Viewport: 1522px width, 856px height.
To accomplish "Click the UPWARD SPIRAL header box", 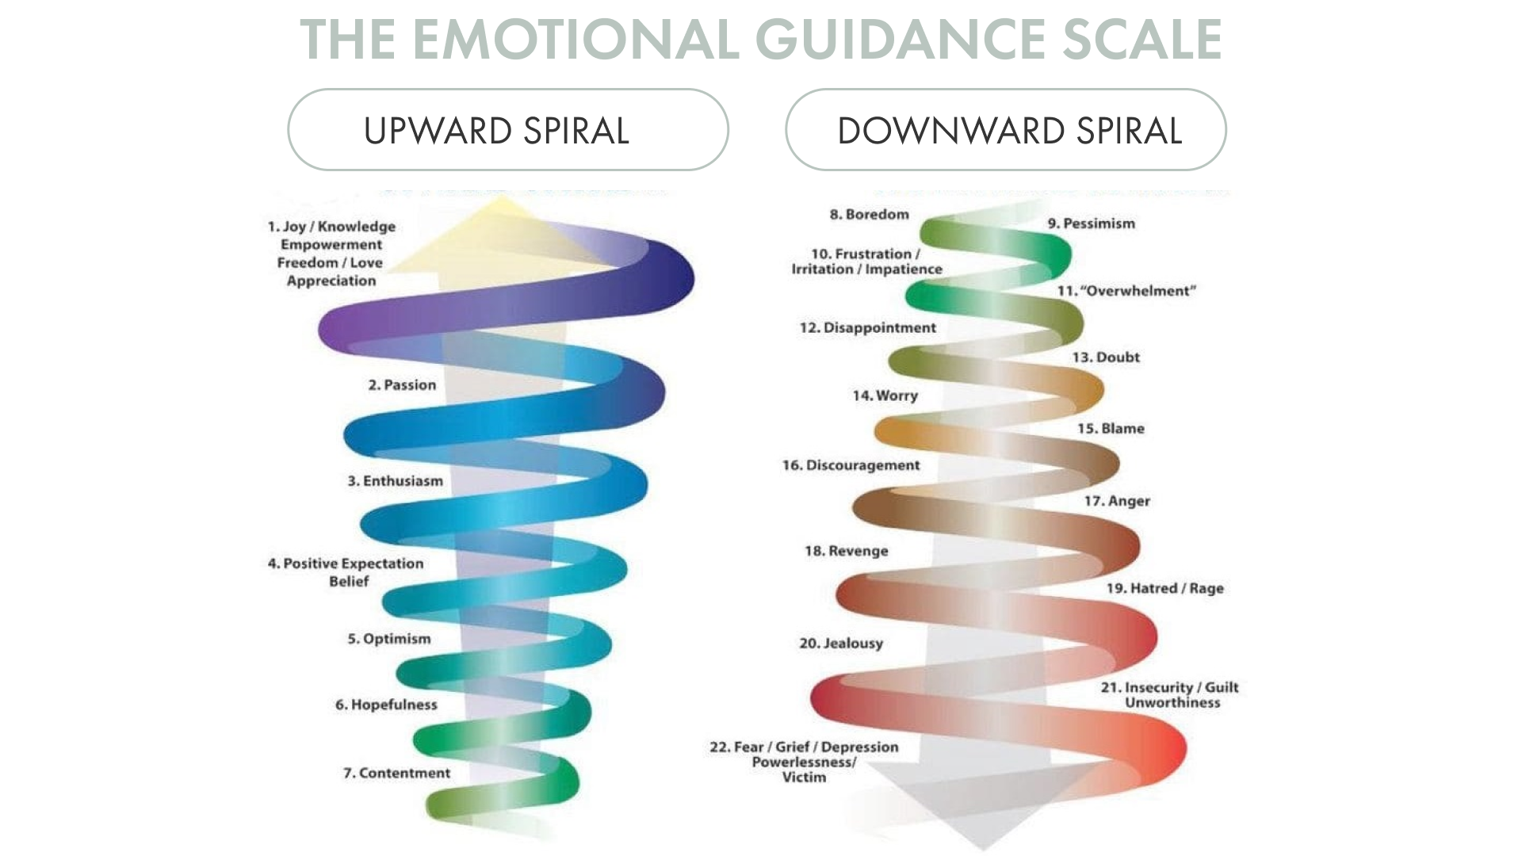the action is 508,129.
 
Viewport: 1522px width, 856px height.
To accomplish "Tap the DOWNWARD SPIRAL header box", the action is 1006,129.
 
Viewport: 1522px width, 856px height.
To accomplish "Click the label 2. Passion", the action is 402,384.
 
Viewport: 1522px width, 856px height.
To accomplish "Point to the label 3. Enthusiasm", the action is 395,480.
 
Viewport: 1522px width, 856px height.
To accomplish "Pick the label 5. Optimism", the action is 389,639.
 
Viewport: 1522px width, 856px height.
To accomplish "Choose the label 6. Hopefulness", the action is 386,705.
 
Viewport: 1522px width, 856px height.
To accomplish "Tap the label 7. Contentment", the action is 396,773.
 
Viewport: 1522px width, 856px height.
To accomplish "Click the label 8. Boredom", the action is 869,214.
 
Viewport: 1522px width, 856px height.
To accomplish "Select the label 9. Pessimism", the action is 1091,224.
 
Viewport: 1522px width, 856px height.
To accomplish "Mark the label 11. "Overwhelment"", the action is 1126,291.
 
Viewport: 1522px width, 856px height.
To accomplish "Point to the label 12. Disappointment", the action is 867,327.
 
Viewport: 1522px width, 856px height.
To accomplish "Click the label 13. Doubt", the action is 1106,357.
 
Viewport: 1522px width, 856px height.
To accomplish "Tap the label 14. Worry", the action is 885,396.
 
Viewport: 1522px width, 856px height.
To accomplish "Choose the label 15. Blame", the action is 1111,429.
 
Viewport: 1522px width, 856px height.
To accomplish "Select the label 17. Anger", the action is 1117,501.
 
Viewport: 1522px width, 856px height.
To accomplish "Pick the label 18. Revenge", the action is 846,551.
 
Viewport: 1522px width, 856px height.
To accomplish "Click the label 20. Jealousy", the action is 840,644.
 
